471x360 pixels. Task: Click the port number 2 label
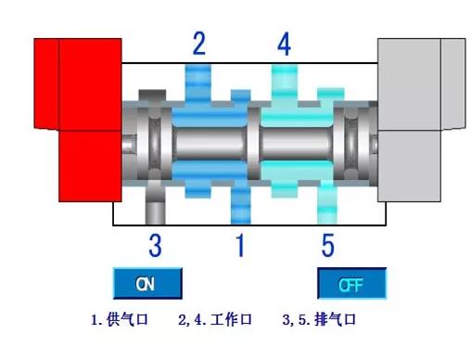click(198, 42)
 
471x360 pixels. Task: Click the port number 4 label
click(285, 43)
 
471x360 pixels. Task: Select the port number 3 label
click(156, 246)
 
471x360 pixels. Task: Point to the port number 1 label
click(239, 246)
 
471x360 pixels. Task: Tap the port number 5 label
click(327, 246)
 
